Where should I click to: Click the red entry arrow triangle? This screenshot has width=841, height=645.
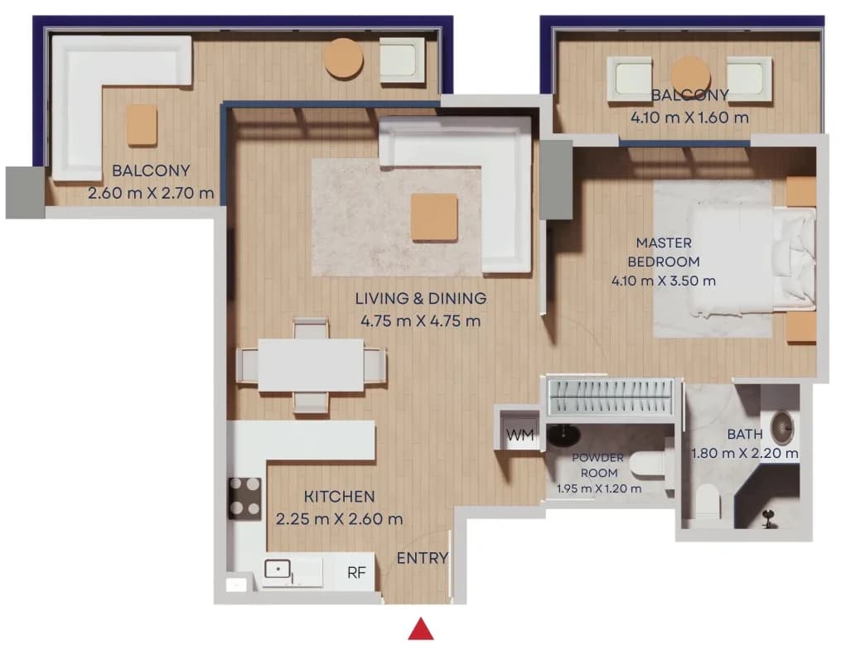(421, 629)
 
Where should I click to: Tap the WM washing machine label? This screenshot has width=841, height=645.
(520, 435)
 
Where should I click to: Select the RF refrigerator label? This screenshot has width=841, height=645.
(356, 573)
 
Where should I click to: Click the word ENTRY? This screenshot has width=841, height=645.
(422, 558)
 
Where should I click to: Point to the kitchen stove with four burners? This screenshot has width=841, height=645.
(245, 498)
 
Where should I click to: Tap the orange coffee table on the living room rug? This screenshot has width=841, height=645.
(434, 217)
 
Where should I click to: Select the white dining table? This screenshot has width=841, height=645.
(311, 364)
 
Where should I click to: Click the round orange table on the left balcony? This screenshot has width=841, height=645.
(344, 58)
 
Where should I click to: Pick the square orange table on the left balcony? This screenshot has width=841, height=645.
(143, 125)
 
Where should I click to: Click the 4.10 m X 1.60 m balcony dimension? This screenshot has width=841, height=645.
(689, 118)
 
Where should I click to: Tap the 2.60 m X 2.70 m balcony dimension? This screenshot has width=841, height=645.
(151, 192)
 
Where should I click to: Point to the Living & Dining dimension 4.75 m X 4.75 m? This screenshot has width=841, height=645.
(421, 321)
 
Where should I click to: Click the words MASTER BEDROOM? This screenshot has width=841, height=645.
(664, 252)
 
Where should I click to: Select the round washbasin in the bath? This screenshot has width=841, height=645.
(782, 427)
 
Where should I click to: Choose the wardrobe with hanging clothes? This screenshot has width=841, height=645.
(610, 397)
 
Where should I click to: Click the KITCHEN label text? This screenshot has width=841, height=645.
(340, 497)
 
